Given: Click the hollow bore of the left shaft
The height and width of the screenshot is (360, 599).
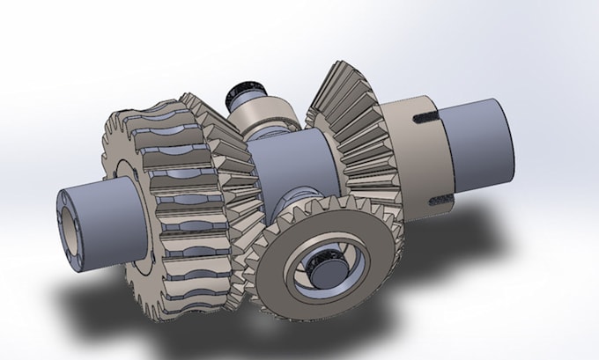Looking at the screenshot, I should [x=69, y=221].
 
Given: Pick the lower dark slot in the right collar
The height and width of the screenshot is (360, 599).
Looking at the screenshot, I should [x=437, y=201].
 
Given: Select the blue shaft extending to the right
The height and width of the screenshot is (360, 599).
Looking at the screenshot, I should [x=476, y=150].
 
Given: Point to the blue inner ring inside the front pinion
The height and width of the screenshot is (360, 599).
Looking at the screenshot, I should [x=339, y=264].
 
